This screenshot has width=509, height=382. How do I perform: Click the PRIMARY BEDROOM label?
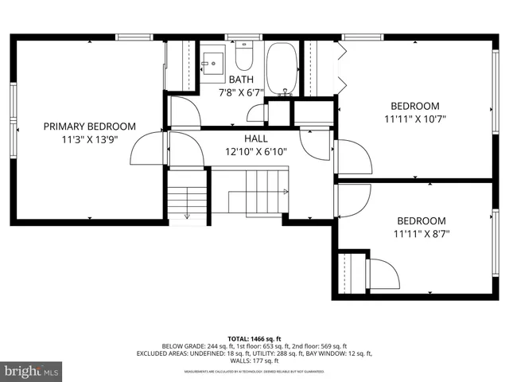[x=89, y=126]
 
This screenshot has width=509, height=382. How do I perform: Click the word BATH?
[x=241, y=80]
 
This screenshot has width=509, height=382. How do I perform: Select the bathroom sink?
[x=212, y=61]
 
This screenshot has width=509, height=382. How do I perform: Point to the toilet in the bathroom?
[x=244, y=58]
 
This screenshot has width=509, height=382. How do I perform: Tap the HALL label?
[x=255, y=138]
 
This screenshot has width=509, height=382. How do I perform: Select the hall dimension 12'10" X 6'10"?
[x=255, y=151]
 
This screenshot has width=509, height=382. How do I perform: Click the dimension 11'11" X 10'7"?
[x=414, y=119]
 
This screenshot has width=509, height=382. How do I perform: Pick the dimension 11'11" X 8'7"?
[x=421, y=234]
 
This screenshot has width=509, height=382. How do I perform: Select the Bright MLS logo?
[x=32, y=371]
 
